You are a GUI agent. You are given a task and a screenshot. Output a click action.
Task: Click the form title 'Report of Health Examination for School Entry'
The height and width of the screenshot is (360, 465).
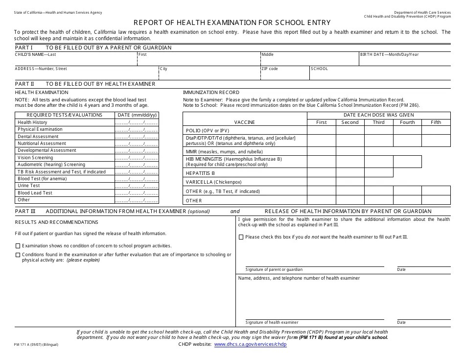pyautogui.click(x=232, y=23)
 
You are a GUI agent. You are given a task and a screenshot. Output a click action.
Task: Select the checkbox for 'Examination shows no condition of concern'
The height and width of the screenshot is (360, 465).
pyautogui.click(x=18, y=245)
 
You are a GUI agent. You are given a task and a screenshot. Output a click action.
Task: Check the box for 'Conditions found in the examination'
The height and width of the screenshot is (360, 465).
pyautogui.click(x=18, y=255)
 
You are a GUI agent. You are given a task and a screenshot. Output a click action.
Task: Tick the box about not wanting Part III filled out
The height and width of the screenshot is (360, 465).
pyautogui.click(x=241, y=237)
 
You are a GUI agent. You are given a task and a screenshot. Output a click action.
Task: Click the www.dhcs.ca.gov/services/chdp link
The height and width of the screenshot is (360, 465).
pyautogui.click(x=250, y=344)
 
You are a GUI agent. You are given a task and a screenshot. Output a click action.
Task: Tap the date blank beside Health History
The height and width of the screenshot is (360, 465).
pyautogui.click(x=137, y=122)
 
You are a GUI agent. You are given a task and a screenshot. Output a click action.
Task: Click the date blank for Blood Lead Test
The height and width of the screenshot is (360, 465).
pyautogui.click(x=137, y=193)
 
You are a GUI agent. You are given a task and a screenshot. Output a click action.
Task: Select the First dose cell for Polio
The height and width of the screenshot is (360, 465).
pyautogui.click(x=321, y=130)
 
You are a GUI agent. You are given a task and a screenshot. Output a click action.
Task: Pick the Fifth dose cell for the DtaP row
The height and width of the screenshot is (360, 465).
pyautogui.click(x=436, y=141)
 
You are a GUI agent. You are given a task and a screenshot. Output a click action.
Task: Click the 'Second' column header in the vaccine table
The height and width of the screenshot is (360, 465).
pyautogui.click(x=350, y=122)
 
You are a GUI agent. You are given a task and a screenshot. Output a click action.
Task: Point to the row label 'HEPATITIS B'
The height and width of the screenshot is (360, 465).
pyautogui.click(x=200, y=173)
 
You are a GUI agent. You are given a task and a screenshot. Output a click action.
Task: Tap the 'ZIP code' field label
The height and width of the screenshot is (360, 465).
pyautogui.click(x=270, y=69)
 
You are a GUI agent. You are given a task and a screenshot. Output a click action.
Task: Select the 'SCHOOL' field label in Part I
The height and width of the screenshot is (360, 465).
pyautogui.click(x=319, y=69)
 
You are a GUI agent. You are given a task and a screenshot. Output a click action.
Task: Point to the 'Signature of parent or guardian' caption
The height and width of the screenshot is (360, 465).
pyautogui.click(x=274, y=269)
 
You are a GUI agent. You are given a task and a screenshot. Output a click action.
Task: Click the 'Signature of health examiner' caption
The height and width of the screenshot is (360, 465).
pyautogui.click(x=272, y=322)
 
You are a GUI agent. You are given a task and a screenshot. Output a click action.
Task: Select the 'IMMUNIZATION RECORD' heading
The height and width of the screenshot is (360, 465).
pyautogui.click(x=211, y=92)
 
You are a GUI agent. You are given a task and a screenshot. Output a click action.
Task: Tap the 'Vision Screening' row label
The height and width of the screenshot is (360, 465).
pyautogui.click(x=35, y=158)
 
